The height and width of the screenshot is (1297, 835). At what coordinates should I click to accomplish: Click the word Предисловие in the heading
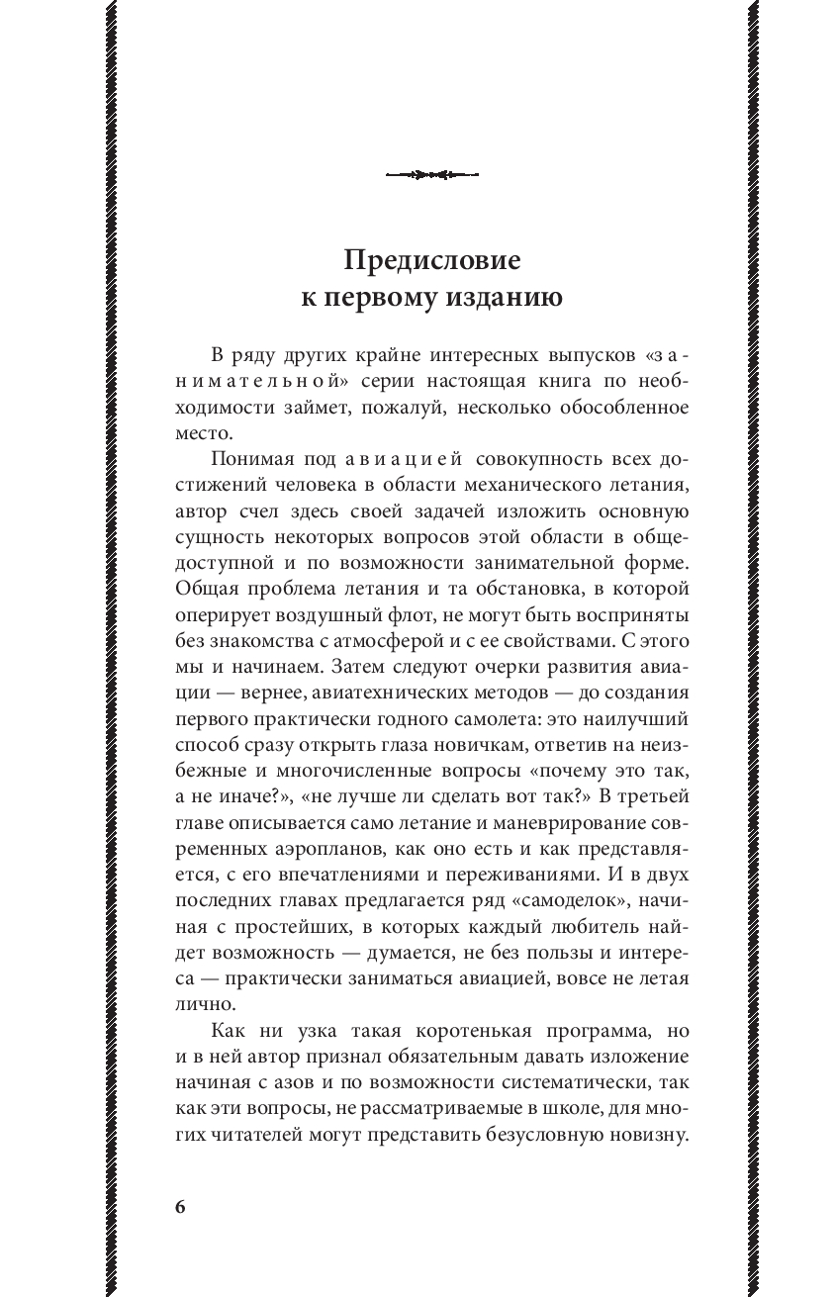coord(431,261)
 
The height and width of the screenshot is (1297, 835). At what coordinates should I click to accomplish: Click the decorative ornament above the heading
coord(431,176)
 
